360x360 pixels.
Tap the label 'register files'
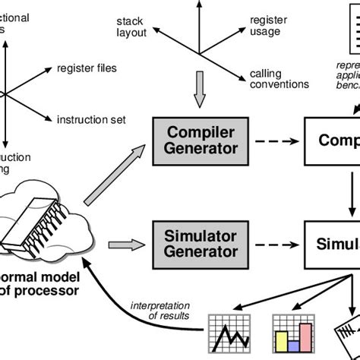point(87,68)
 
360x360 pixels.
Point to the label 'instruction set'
point(90,119)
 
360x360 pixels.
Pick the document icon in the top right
point(346,30)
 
